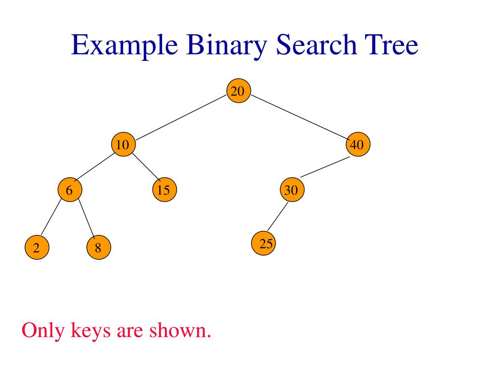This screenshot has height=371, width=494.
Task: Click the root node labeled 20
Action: (238, 91)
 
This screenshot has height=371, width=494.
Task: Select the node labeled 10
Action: (123, 145)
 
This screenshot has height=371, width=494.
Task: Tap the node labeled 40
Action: (358, 144)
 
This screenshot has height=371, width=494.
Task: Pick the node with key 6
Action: (69, 190)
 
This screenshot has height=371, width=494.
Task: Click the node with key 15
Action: (164, 190)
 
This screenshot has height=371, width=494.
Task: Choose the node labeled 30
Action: (292, 190)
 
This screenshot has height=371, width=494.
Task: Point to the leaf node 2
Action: (36, 248)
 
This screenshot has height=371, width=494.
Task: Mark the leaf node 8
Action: (98, 248)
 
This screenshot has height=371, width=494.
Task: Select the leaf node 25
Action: (264, 244)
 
